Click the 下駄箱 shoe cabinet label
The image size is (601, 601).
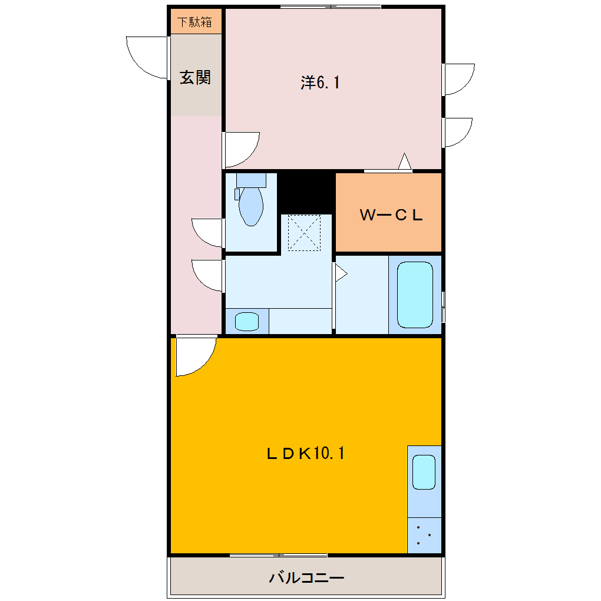pos(195,23)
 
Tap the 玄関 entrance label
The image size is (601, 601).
pos(195,77)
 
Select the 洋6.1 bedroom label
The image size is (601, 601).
pos(320,83)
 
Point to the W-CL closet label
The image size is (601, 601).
pos(391,215)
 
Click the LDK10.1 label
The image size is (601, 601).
pos(305,453)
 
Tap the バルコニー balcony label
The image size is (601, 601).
pos(306,577)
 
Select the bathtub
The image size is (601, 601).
pos(415,295)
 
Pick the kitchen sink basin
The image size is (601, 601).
pos(424,472)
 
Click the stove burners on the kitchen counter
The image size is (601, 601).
pos(424,536)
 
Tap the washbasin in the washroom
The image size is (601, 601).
pos(246,322)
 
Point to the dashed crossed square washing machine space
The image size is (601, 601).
pos(304,232)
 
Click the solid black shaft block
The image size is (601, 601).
pos(306,191)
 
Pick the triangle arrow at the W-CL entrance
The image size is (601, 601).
pos(405,161)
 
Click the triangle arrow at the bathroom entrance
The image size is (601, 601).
pos(341,273)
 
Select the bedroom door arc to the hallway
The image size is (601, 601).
pos(242,149)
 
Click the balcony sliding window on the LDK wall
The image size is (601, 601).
pos(278,555)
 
